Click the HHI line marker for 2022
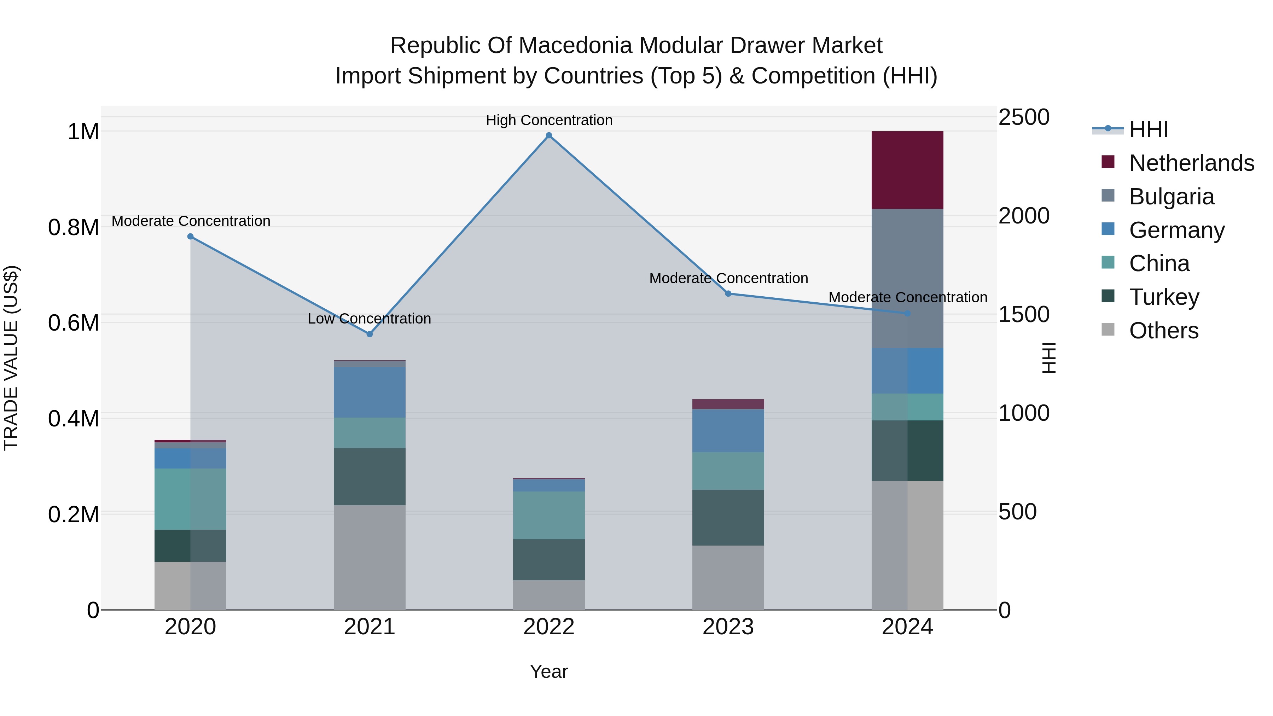[x=548, y=135]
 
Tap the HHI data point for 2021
[x=370, y=334]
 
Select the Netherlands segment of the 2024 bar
[x=907, y=170]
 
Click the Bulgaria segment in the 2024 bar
[x=907, y=278]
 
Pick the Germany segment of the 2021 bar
[x=370, y=392]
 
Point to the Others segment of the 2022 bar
[x=548, y=595]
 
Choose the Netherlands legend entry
[x=1191, y=163]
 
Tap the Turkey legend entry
[x=1164, y=297]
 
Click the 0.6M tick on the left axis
[x=73, y=323]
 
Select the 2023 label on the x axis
[x=728, y=627]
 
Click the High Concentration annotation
[x=548, y=120]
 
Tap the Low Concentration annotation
[x=369, y=319]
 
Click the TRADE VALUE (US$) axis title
[x=11, y=358]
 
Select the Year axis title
[x=548, y=671]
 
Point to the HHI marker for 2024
[x=907, y=313]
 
